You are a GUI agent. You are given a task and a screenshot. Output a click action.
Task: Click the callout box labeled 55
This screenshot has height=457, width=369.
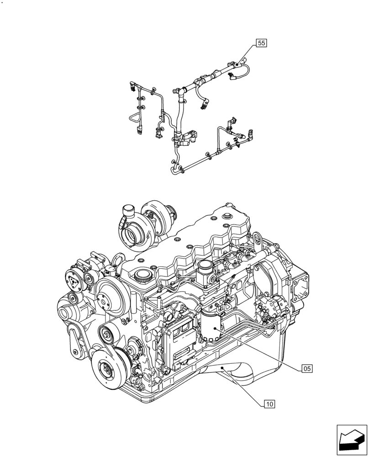[261, 43]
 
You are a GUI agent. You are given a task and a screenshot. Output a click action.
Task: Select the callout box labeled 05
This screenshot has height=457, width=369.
[307, 368]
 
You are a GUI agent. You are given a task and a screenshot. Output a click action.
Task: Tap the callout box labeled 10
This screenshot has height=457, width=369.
[269, 404]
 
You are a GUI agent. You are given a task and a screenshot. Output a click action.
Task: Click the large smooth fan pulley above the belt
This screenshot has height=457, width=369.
[110, 295]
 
